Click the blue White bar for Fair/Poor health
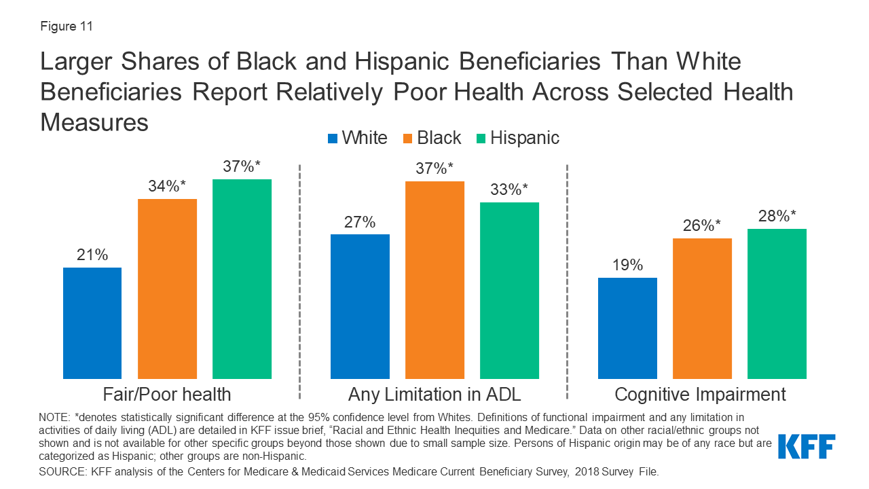(92, 323)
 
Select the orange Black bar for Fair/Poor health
(167, 289)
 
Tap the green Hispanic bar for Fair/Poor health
(242, 278)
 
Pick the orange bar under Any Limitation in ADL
(434, 280)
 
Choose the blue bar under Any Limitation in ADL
(360, 306)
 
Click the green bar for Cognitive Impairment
(777, 304)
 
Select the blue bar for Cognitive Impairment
(627, 328)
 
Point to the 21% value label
(92, 255)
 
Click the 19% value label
(627, 266)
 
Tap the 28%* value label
(777, 217)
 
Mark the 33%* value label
(509, 190)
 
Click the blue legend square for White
(333, 139)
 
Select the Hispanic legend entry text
(525, 138)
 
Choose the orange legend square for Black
(408, 139)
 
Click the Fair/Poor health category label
(167, 395)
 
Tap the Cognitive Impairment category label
(700, 395)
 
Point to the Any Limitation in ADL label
(434, 395)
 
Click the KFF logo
(806, 446)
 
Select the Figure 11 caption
(67, 27)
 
